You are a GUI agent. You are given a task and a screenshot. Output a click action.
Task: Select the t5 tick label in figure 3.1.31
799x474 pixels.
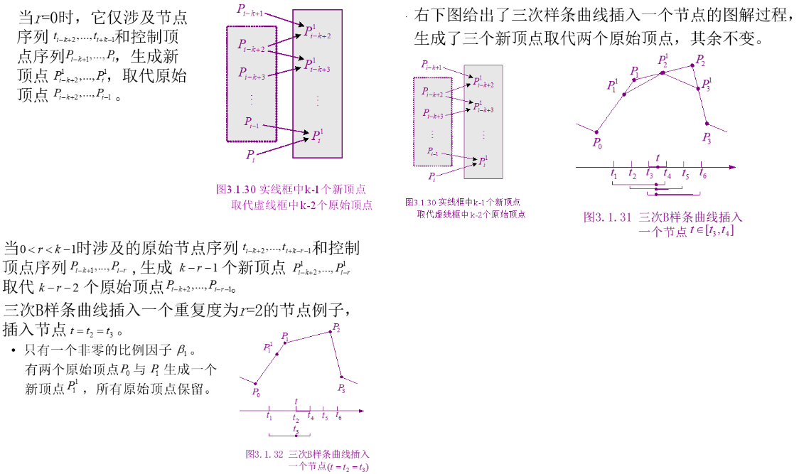click(x=685, y=173)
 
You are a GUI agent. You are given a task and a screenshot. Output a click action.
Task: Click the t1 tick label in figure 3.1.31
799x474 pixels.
click(x=613, y=173)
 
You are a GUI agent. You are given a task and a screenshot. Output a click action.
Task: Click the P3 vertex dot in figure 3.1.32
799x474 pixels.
click(x=340, y=377)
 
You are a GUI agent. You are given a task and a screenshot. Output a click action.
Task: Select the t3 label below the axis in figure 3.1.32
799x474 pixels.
click(x=296, y=430)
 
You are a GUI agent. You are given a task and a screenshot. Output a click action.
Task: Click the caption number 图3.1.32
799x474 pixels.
click(x=264, y=453)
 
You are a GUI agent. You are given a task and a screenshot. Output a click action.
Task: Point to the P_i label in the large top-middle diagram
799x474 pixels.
click(x=250, y=153)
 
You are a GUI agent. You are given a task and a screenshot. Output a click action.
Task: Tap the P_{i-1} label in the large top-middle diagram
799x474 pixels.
click(x=252, y=122)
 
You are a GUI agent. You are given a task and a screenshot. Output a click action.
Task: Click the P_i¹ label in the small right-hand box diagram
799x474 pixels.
click(x=483, y=162)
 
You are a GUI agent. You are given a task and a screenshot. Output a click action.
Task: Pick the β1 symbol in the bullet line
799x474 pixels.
click(x=184, y=350)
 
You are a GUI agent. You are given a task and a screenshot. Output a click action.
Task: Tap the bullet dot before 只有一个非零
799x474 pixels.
click(x=14, y=351)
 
